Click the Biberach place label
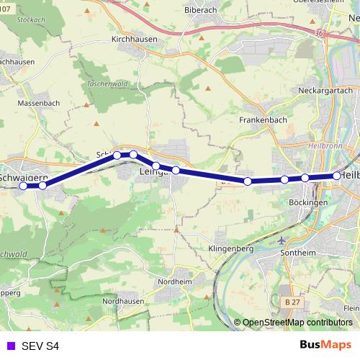coord(200,12)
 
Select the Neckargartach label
coord(321,91)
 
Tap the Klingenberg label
coord(231,248)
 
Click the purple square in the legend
coord(9,346)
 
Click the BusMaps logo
coord(325,345)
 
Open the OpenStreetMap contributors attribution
coord(298,323)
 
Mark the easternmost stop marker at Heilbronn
coord(337,176)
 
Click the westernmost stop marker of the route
coord(23,186)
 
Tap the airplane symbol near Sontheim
coord(280,240)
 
